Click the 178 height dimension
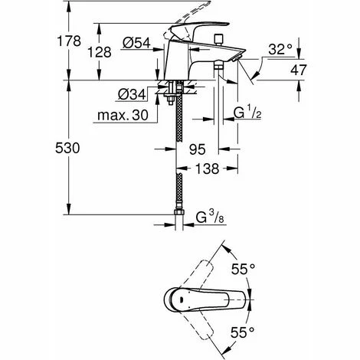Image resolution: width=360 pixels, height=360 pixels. pyautogui.click(x=69, y=41)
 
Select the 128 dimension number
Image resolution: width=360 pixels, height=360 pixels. pyautogui.click(x=100, y=52)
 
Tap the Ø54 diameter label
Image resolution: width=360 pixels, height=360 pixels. pyautogui.click(x=136, y=43)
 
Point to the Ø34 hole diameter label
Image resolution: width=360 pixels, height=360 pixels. pyautogui.click(x=132, y=94)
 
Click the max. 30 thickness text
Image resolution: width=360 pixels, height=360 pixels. pyautogui.click(x=123, y=115)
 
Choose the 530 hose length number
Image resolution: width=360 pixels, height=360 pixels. pyautogui.click(x=67, y=148)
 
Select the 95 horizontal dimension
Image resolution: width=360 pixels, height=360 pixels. pyautogui.click(x=198, y=149)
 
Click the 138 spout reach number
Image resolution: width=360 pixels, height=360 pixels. pyautogui.click(x=207, y=169)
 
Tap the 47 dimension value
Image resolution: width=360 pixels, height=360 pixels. pyautogui.click(x=298, y=70)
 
